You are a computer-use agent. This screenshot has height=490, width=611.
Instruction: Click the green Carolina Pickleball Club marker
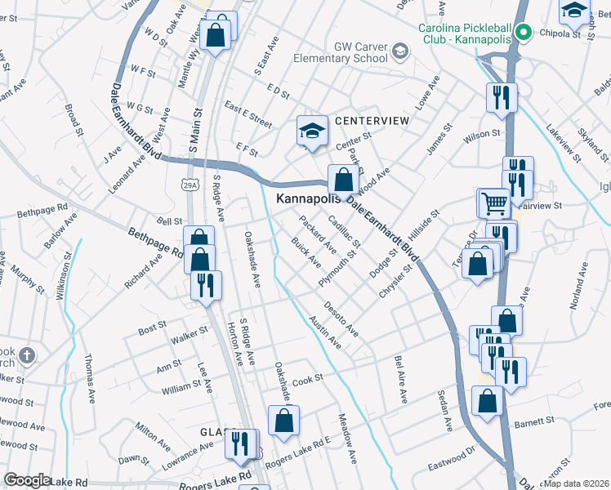click(x=524, y=33)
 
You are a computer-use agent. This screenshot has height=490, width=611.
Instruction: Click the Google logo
click(x=27, y=480)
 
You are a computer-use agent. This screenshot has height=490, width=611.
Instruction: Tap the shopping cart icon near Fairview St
click(x=493, y=201)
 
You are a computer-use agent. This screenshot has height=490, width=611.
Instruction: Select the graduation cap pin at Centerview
click(x=310, y=131)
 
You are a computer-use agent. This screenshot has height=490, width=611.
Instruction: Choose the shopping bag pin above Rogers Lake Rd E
click(x=284, y=420)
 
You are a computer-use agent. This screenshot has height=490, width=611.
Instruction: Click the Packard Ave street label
click(x=318, y=234)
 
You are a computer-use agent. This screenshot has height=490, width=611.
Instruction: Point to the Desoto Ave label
click(x=341, y=318)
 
